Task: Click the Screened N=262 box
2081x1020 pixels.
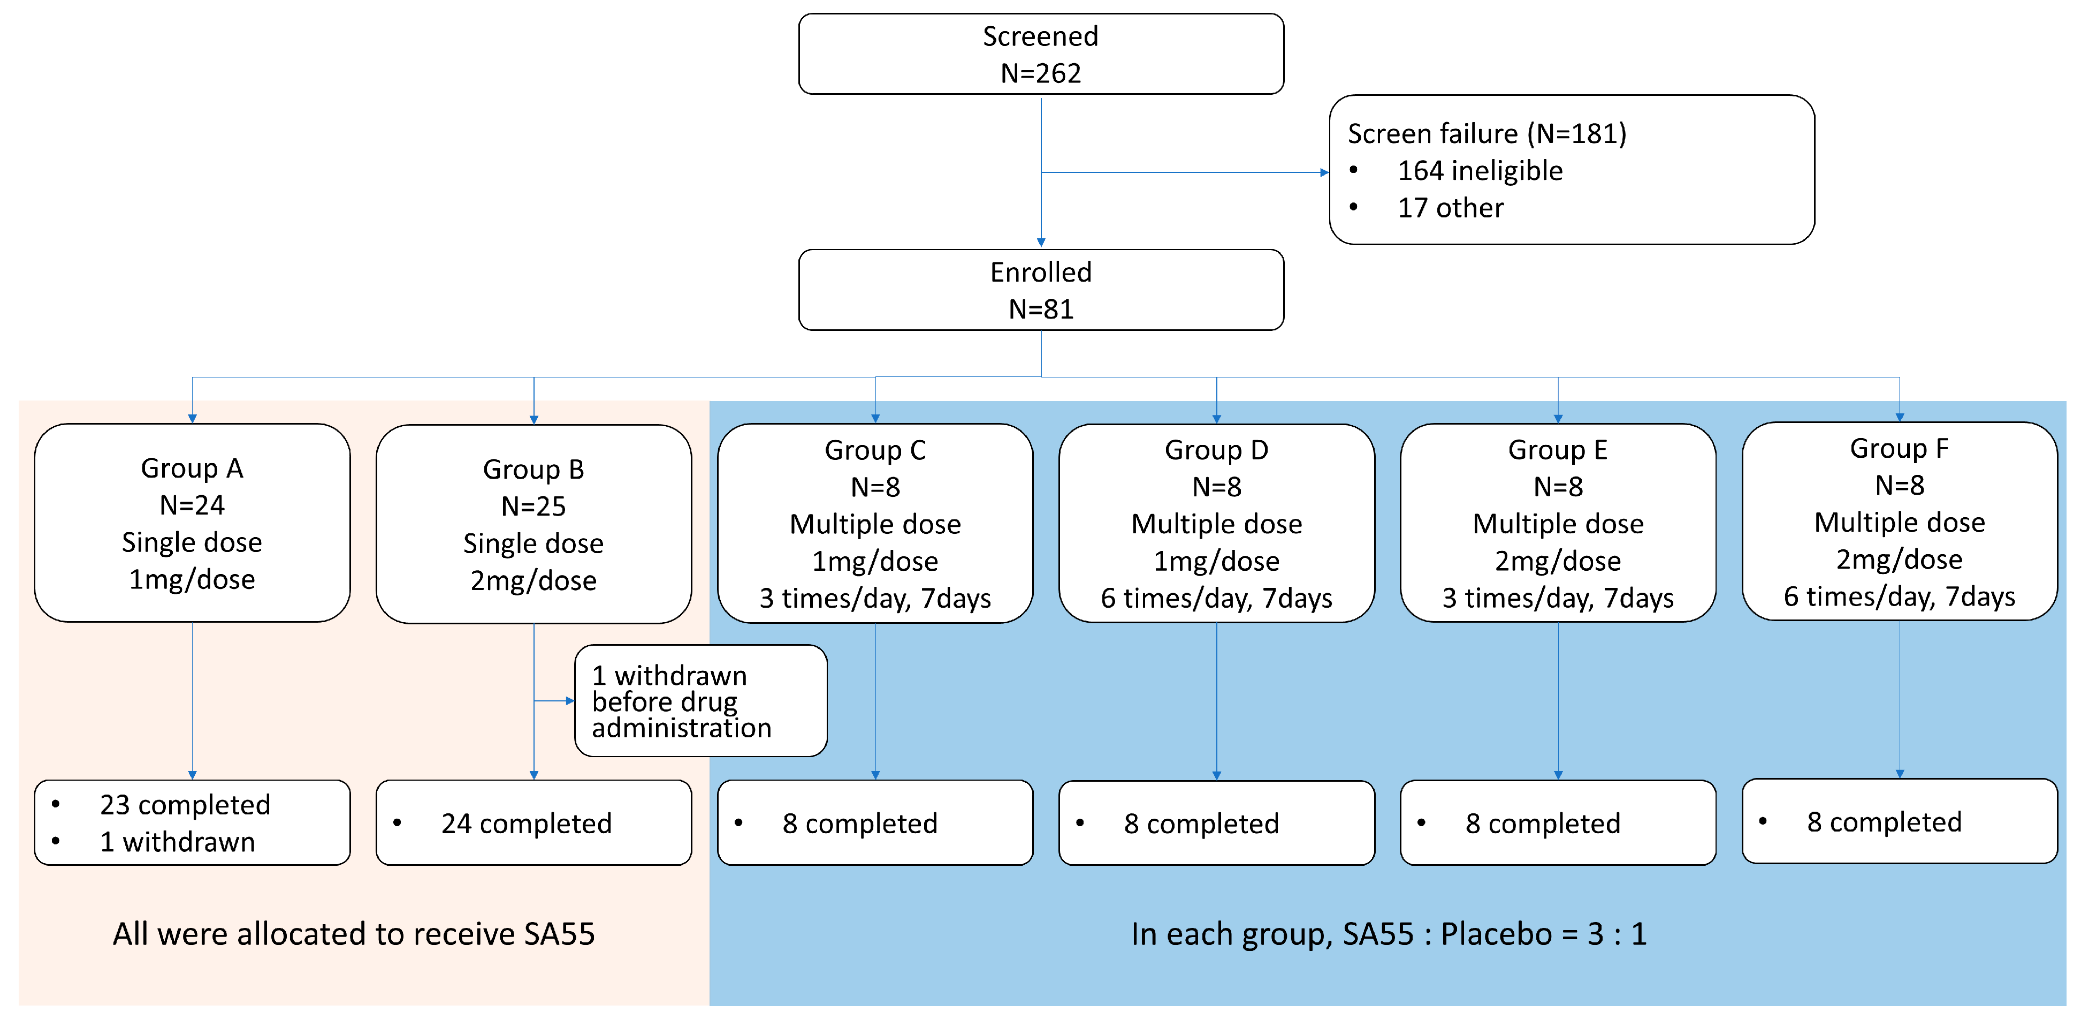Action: pyautogui.click(x=1040, y=54)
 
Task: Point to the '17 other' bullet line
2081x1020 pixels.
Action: pyautogui.click(x=1450, y=208)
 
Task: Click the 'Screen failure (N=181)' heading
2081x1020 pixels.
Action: pyautogui.click(x=1487, y=133)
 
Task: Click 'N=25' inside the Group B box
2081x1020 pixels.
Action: pyautogui.click(x=533, y=506)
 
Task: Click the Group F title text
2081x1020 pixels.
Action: pyautogui.click(x=1899, y=448)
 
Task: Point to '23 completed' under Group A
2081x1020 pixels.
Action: pyautogui.click(x=185, y=804)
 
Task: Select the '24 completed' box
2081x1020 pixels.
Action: pyautogui.click(x=533, y=823)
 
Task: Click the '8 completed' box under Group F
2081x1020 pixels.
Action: pyautogui.click(x=1899, y=821)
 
